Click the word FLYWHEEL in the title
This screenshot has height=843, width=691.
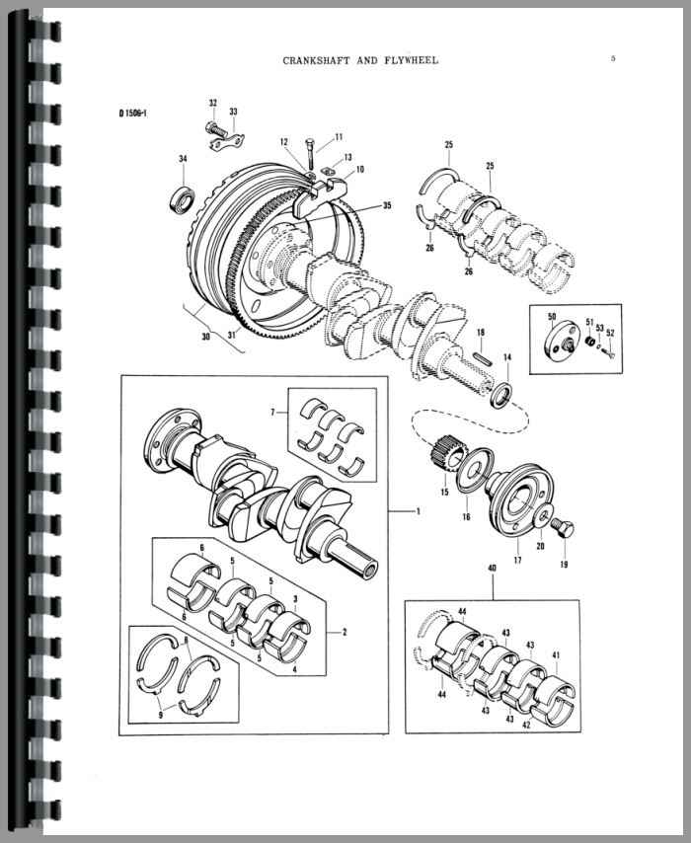[410, 60]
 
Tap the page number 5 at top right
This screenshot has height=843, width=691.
[613, 58]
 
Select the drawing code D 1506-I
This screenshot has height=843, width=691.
[132, 114]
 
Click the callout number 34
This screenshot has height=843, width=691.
[183, 159]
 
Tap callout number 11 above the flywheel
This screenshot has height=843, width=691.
[338, 136]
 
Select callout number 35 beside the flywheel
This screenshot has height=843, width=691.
[386, 205]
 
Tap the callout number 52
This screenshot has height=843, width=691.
[610, 332]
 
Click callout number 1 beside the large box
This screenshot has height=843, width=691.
[419, 510]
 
